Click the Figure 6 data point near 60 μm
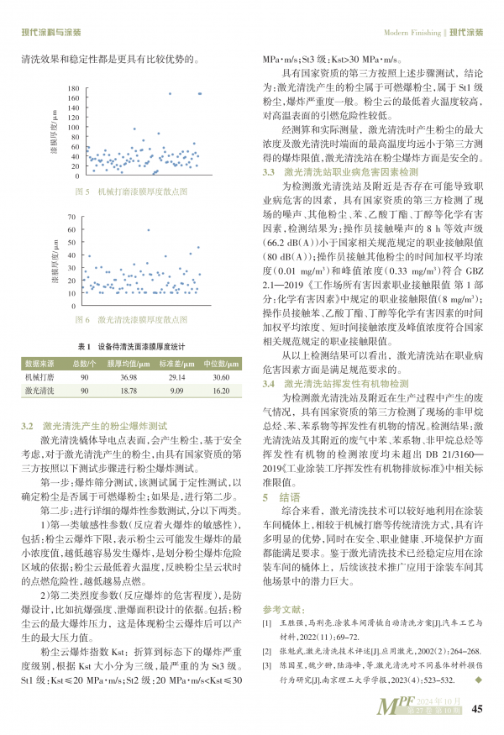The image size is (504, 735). (149, 229)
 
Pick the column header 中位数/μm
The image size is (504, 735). (222, 364)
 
